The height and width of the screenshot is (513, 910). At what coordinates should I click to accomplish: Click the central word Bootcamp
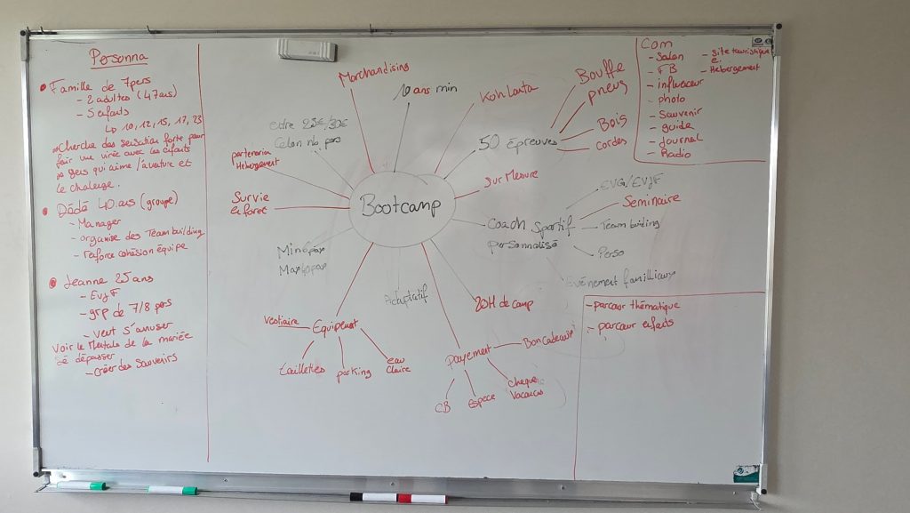point(402,206)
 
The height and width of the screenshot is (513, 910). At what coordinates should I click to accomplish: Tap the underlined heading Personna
point(118,60)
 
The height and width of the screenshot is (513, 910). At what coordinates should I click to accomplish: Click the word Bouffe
point(600,73)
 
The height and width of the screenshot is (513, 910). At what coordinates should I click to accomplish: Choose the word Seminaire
point(651,202)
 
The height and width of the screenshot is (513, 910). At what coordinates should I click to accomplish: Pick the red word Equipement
point(334,327)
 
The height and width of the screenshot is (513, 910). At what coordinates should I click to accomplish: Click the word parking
point(353,373)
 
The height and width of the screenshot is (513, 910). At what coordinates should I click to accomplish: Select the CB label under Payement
point(443,408)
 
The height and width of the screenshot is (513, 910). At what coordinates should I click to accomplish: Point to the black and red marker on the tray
point(397,498)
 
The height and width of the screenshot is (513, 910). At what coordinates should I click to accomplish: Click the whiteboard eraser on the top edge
point(307,50)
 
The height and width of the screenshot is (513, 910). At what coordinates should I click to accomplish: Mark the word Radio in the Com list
point(675,153)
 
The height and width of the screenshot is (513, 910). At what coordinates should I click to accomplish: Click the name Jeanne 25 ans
point(97,281)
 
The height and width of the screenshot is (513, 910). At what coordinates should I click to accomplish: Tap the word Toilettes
point(301,369)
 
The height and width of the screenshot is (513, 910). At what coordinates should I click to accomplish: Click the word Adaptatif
point(405,295)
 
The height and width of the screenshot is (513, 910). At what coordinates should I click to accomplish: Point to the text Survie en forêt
point(251,204)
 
